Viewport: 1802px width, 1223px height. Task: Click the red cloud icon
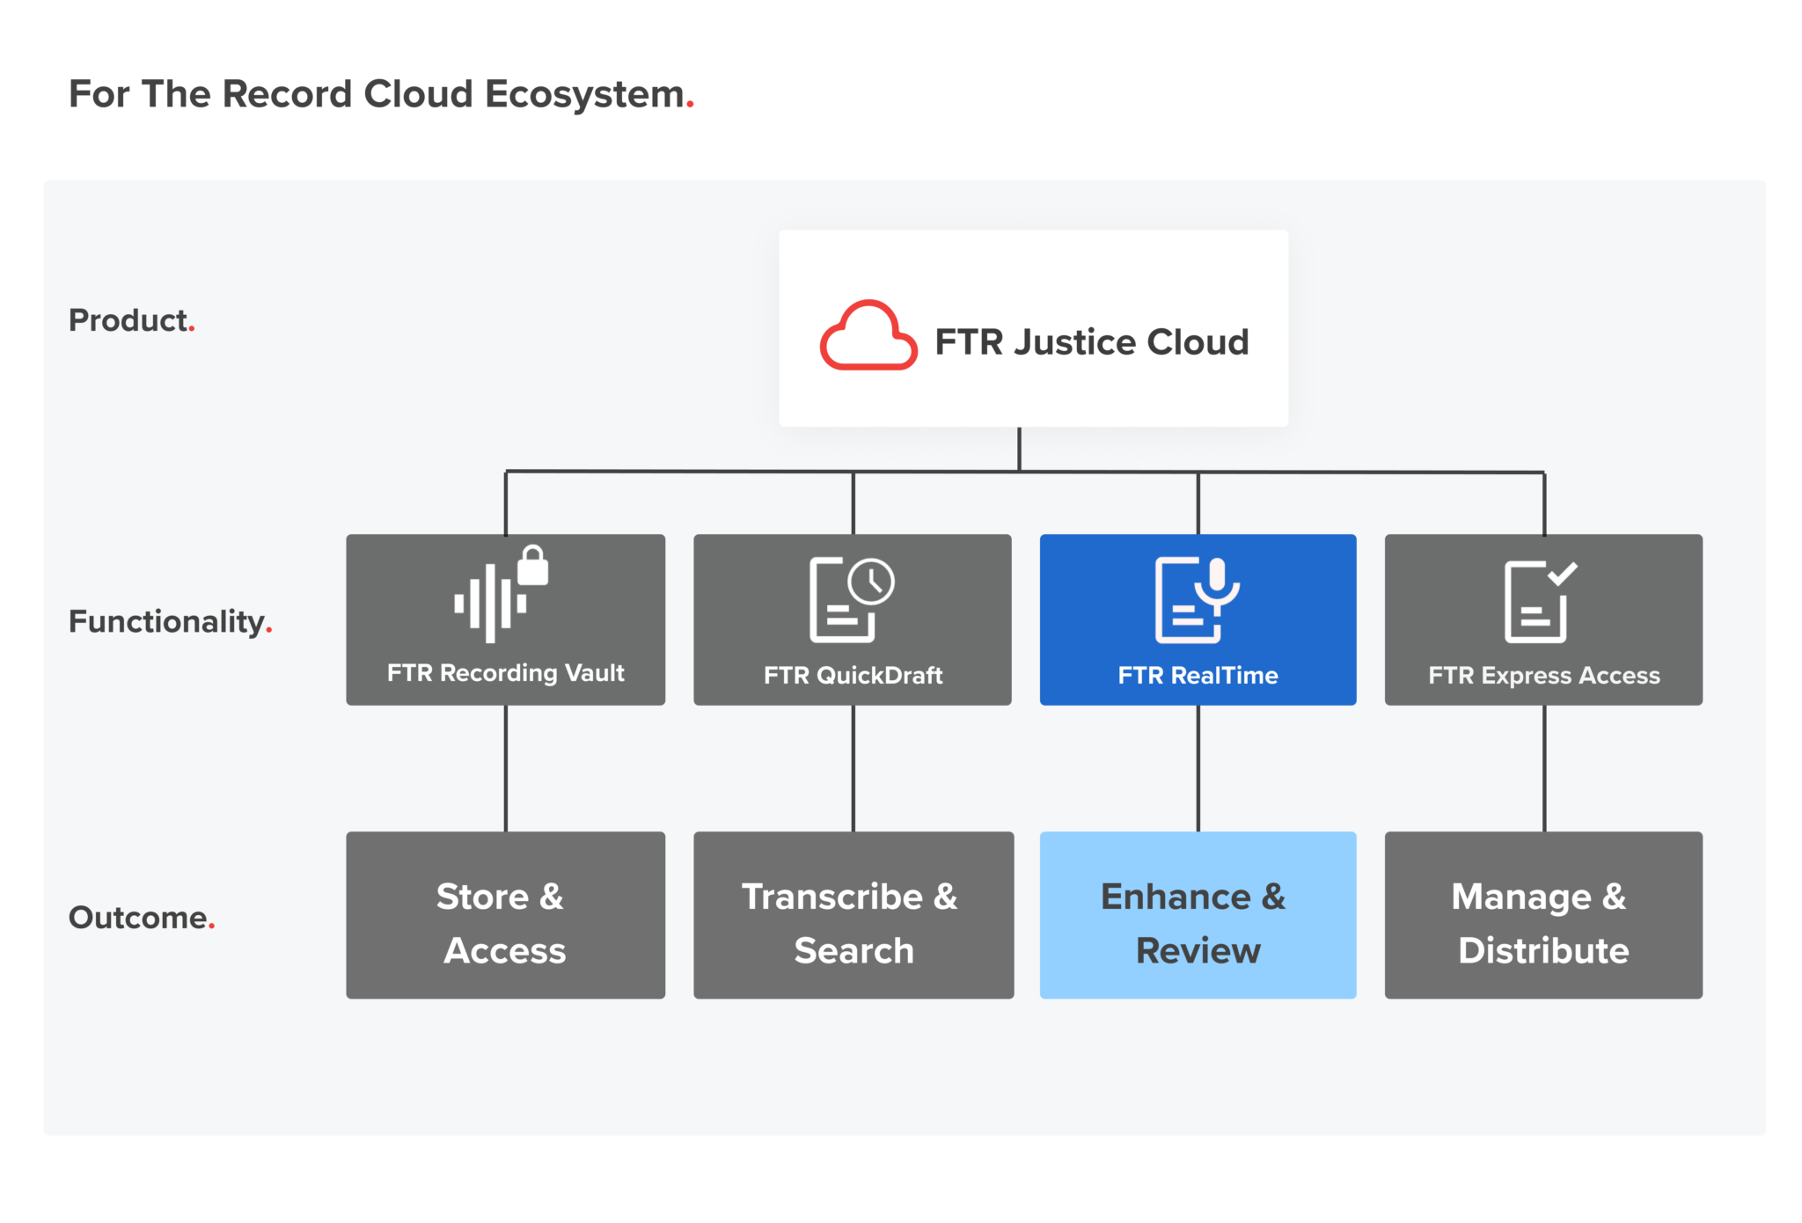(x=868, y=337)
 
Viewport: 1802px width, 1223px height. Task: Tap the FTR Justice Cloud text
(x=1091, y=342)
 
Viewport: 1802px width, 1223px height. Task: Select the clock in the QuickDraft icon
(x=871, y=581)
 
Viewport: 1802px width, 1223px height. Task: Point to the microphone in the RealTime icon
(x=1218, y=582)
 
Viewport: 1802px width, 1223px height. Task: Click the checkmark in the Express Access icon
(x=1563, y=573)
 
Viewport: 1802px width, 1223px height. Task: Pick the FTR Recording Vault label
(x=505, y=673)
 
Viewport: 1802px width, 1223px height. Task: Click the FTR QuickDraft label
(x=852, y=676)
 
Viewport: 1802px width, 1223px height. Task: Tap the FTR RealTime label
(x=1198, y=676)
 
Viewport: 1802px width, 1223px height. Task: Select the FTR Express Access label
(x=1543, y=676)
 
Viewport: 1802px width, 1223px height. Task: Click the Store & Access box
(x=505, y=915)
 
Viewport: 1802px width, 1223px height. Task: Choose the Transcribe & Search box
(x=853, y=915)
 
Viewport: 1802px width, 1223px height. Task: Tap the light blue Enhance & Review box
(x=1198, y=915)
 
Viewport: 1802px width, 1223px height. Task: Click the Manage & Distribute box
(x=1543, y=915)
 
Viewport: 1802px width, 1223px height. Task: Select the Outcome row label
(x=140, y=918)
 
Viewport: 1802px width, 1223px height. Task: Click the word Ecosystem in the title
(x=584, y=94)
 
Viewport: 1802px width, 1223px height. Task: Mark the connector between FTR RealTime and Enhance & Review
(x=1198, y=768)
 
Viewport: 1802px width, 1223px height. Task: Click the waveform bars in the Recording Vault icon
(x=489, y=604)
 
